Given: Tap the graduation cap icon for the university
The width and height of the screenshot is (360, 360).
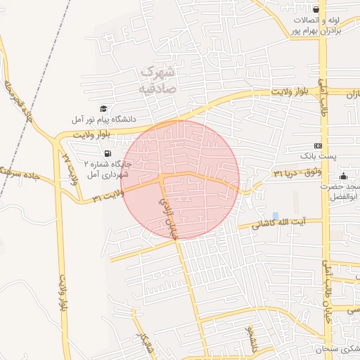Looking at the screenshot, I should click(x=104, y=109).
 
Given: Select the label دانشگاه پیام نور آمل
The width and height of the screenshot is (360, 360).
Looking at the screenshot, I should click(x=111, y=120).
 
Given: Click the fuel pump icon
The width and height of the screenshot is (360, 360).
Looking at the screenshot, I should click(x=107, y=153).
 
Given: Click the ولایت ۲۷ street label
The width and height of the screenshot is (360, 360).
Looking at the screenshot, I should click(x=69, y=168).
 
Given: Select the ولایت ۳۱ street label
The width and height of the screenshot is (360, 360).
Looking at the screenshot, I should click(x=108, y=195).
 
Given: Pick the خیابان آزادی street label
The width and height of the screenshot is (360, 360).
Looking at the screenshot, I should click(x=169, y=217).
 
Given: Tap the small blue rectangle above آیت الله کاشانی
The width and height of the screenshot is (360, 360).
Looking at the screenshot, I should click(x=275, y=214).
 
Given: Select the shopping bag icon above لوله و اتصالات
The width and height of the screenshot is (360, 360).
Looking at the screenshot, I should click(x=317, y=9).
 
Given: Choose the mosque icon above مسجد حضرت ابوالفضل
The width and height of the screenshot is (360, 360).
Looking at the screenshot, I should click(x=343, y=176).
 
